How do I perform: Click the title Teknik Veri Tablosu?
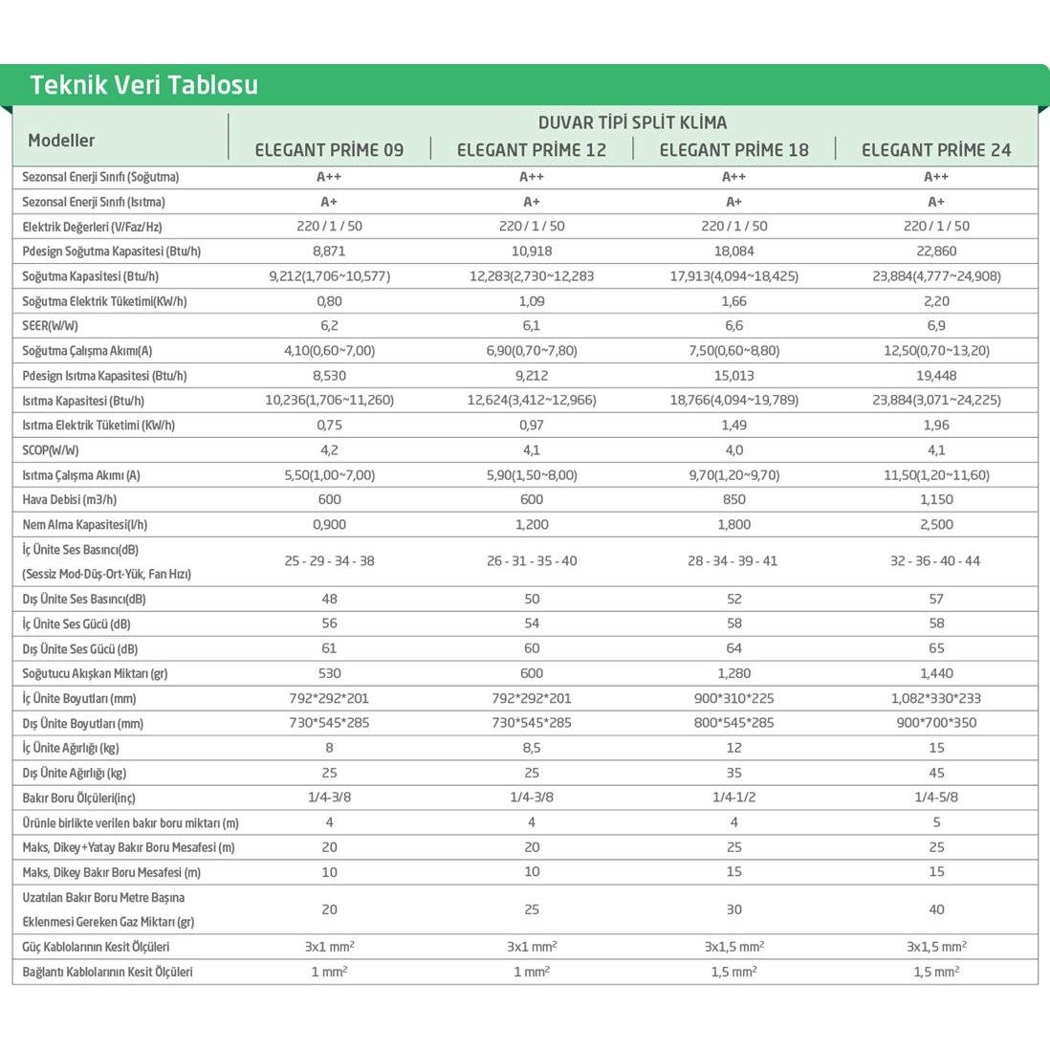(x=143, y=85)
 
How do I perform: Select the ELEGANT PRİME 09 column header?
(x=329, y=150)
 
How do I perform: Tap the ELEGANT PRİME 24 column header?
(x=935, y=150)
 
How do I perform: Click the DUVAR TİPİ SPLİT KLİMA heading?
(x=632, y=122)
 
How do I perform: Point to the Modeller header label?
(x=61, y=141)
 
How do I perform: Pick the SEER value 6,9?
(x=936, y=326)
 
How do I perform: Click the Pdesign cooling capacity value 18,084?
(x=733, y=252)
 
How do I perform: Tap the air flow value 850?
(x=733, y=500)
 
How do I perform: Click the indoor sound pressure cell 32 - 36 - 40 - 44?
(x=935, y=561)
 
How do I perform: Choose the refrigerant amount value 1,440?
(x=936, y=674)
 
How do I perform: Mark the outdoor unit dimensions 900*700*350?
(x=936, y=724)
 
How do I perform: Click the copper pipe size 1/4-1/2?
(x=733, y=798)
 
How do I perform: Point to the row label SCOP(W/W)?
(x=51, y=450)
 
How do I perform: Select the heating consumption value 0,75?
(x=329, y=426)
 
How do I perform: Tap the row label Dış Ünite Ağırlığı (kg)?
(x=75, y=774)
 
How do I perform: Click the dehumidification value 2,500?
(x=936, y=525)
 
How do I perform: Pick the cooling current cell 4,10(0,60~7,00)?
(x=329, y=351)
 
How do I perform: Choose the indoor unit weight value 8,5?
(x=532, y=749)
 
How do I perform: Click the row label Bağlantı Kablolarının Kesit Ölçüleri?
(x=107, y=973)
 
